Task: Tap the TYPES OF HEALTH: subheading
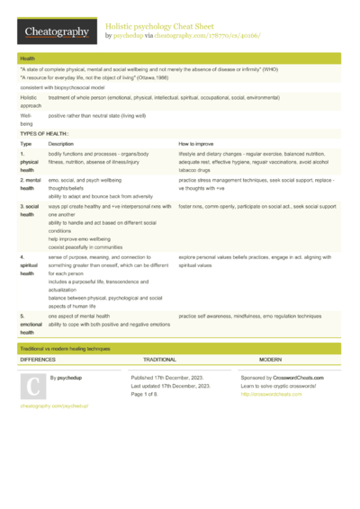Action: [44, 132]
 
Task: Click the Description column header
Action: [61, 144]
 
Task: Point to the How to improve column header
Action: [196, 144]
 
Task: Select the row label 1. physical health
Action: [28, 162]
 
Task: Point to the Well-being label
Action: [27, 119]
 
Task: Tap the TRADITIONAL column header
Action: [160, 358]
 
